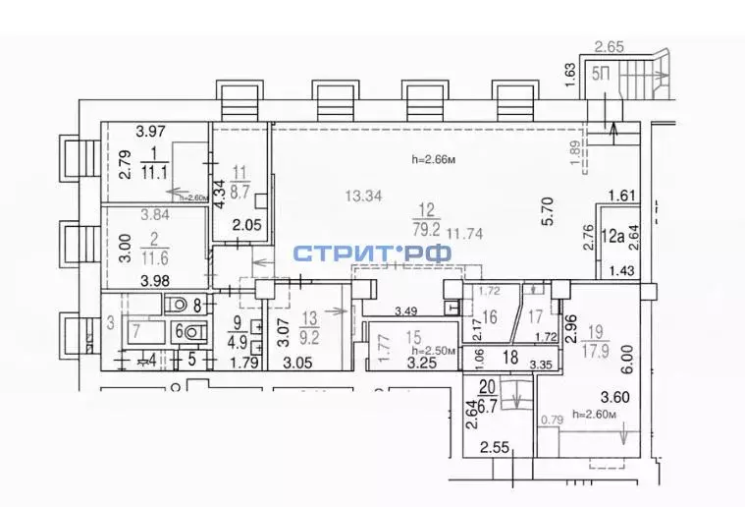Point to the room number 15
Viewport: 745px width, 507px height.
(413, 337)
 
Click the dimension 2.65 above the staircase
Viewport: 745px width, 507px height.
(611, 45)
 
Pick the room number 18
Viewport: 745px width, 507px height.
(509, 359)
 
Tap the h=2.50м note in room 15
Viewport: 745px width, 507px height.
(431, 351)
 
